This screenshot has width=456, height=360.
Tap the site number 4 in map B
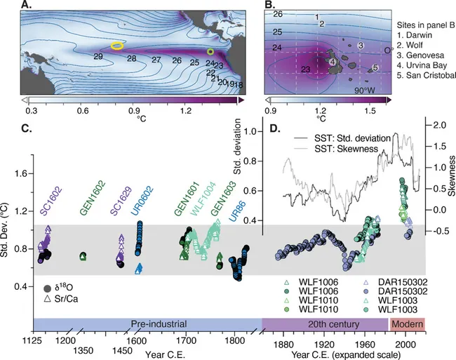pos(333,62)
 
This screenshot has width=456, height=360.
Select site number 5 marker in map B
pos(375,67)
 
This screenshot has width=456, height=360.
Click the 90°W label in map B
pos(365,91)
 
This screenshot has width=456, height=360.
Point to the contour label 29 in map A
pos(98,56)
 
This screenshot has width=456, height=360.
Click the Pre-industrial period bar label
pos(159,324)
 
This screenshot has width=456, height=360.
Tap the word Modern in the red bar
pos(407,324)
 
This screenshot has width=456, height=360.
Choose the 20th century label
pos(333,324)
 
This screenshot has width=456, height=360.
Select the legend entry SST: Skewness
pos(346,149)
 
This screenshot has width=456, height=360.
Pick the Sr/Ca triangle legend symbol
pos(47,298)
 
